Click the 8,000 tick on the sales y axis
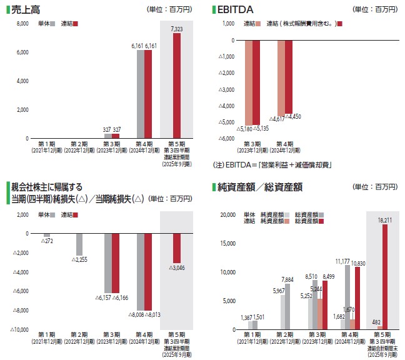[22, 24]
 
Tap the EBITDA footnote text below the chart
[272, 165]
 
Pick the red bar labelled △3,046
[176, 248]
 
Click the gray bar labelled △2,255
[80, 244]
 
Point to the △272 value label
[45, 241]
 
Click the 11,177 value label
[342, 261]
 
